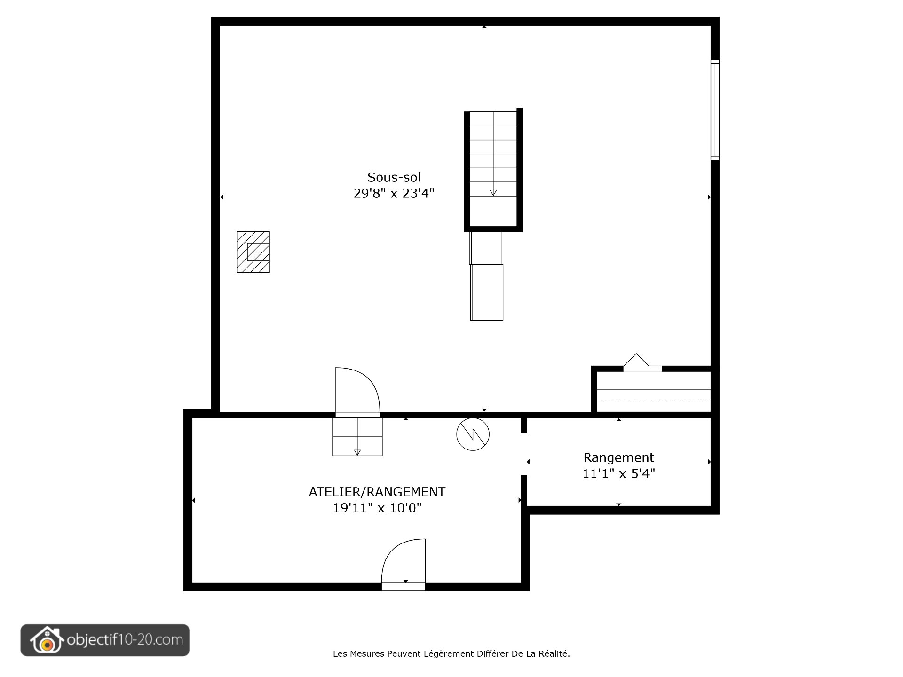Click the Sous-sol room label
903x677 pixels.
[x=394, y=177]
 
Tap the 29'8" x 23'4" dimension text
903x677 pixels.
[x=394, y=193]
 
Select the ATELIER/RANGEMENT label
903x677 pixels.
[x=377, y=492]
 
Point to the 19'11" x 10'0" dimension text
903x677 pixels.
[x=377, y=508]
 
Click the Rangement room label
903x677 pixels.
[x=618, y=457]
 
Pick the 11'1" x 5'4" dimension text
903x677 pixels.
[x=618, y=473]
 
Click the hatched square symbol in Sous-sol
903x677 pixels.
[x=253, y=252]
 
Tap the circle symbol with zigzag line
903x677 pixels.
[x=473, y=434]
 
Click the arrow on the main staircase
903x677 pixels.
[x=493, y=192]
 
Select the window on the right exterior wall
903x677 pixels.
[x=714, y=110]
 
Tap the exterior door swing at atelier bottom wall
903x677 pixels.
[x=404, y=562]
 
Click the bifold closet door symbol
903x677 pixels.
[x=636, y=360]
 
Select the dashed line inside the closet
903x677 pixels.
[x=654, y=401]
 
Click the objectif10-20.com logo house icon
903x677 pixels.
[x=46, y=640]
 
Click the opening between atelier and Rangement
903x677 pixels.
[x=523, y=454]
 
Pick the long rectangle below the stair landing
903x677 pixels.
[x=487, y=292]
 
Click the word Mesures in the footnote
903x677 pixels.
[x=368, y=653]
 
